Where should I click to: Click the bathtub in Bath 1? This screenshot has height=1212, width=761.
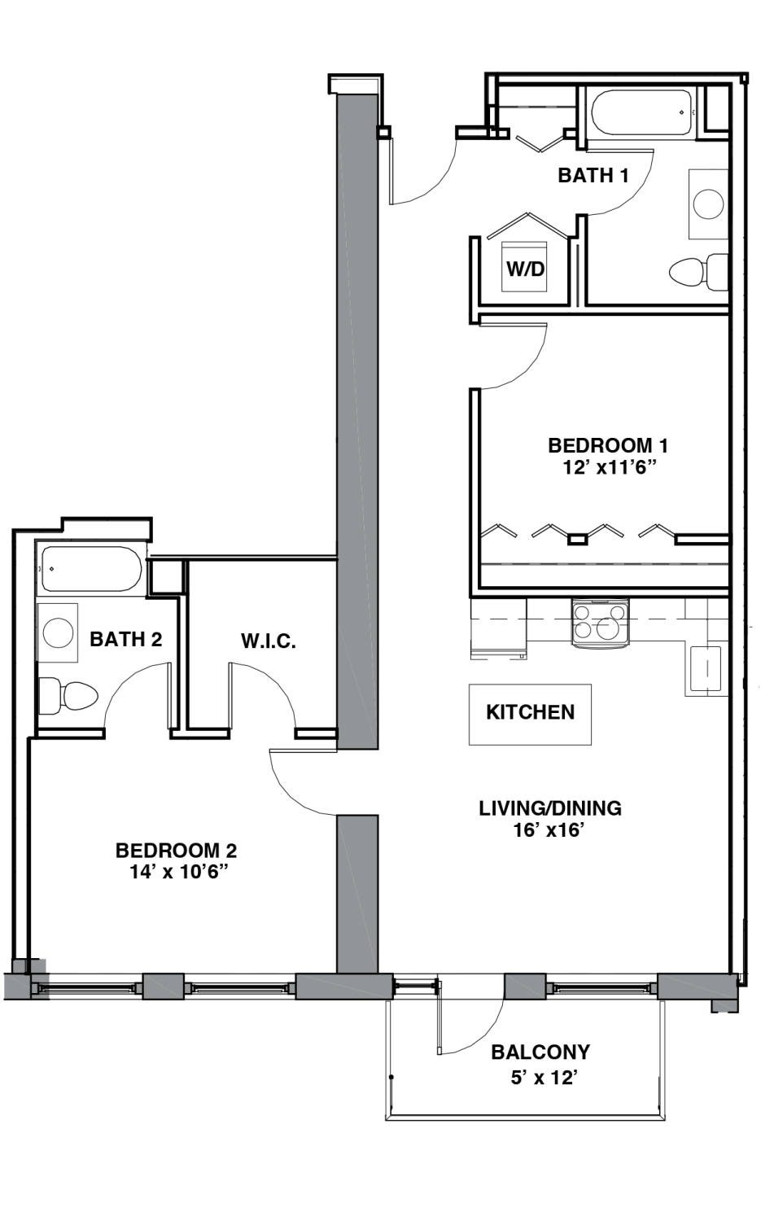coord(641,113)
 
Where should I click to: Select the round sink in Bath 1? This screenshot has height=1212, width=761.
coord(708,203)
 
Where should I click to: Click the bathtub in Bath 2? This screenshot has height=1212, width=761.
coord(91,569)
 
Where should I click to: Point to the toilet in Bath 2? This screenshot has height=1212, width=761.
coord(68,695)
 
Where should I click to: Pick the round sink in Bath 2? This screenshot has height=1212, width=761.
coord(58,632)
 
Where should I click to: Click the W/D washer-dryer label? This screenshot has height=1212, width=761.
coord(525,269)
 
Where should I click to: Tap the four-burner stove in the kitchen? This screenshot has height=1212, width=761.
coord(600,623)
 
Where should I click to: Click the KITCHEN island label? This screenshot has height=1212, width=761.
coord(530,712)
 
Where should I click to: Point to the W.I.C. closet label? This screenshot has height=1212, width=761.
coord(269,641)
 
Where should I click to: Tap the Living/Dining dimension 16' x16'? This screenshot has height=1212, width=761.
coord(549,829)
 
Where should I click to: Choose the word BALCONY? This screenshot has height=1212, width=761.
coord(540,1052)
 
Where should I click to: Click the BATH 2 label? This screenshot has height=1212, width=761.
coord(126,639)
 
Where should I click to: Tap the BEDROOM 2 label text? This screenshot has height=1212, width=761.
coord(177,851)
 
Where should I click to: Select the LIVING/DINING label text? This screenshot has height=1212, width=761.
coord(550,807)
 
